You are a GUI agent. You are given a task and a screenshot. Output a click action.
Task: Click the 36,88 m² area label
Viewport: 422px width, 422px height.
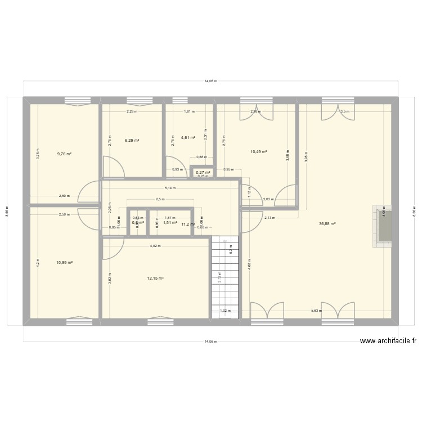coord(327,223)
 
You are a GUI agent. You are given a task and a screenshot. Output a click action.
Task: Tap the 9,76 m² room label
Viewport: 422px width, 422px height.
coord(64,153)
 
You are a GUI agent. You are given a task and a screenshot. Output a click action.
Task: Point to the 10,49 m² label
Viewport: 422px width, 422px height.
coord(258,151)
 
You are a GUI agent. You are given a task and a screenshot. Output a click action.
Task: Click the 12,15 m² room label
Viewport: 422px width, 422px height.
coord(155,278)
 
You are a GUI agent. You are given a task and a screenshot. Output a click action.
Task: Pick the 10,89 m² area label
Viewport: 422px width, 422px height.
coord(64,262)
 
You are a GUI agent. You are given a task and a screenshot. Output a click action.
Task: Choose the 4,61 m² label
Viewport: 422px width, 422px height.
coord(188,137)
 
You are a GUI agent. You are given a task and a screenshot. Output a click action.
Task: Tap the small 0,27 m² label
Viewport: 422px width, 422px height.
coord(203,172)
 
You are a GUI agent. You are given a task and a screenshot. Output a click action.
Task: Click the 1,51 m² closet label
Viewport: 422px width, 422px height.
coord(170,223)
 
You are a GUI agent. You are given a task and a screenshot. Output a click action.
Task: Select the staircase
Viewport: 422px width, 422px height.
coord(225,276)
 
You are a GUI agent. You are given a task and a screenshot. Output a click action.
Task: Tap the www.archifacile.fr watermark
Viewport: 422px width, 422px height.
coord(388,340)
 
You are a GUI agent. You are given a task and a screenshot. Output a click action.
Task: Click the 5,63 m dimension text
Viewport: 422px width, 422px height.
coord(317,311)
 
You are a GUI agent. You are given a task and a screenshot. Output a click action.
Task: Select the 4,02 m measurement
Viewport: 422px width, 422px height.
coord(155,246)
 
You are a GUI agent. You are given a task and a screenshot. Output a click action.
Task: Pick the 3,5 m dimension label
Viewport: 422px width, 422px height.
coord(344,111)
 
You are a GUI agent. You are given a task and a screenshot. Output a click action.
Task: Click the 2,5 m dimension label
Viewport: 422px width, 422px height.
coord(160,199)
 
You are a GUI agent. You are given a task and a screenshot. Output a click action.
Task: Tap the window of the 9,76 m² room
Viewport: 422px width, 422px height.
coord(78,101)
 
